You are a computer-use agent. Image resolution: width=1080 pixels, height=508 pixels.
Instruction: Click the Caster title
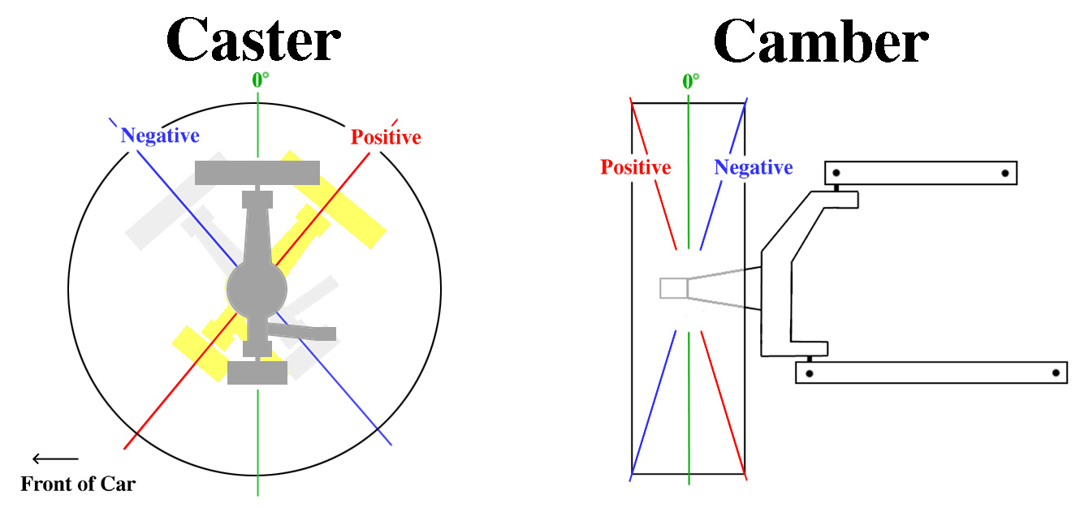(253, 40)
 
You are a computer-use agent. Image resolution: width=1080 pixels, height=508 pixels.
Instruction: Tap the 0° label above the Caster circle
(261, 80)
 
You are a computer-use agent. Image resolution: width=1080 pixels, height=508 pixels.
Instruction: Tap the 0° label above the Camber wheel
(690, 81)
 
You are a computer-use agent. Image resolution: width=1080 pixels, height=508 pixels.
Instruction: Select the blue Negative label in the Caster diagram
(160, 136)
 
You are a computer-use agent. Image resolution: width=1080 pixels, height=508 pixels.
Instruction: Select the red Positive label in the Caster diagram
(386, 137)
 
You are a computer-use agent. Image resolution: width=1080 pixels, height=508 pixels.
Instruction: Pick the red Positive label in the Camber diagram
(636, 168)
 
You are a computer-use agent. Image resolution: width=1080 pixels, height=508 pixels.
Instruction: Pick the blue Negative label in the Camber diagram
(754, 168)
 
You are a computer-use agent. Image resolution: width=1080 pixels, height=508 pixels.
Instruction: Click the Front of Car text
(78, 484)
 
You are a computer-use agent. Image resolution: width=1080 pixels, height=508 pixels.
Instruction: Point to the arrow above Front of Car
(55, 458)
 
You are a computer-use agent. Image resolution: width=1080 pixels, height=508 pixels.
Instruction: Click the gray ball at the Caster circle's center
(257, 290)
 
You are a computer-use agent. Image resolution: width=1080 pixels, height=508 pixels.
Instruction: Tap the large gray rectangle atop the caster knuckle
(257, 173)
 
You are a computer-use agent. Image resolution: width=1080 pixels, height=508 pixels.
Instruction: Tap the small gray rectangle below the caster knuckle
(257, 373)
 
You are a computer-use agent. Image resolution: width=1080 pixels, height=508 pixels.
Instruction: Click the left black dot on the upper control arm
(836, 173)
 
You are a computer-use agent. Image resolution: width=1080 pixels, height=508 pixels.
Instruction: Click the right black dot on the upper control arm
(1005, 174)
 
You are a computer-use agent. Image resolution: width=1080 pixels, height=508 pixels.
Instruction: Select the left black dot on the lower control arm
(810, 373)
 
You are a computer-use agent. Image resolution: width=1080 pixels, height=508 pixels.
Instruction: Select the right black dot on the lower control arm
(1056, 373)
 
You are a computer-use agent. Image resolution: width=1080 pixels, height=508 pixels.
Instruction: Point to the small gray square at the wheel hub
(673, 288)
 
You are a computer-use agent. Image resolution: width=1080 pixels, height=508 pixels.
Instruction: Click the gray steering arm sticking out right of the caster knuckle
(302, 332)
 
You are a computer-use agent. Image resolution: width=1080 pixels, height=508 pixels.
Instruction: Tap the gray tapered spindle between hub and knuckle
(724, 288)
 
